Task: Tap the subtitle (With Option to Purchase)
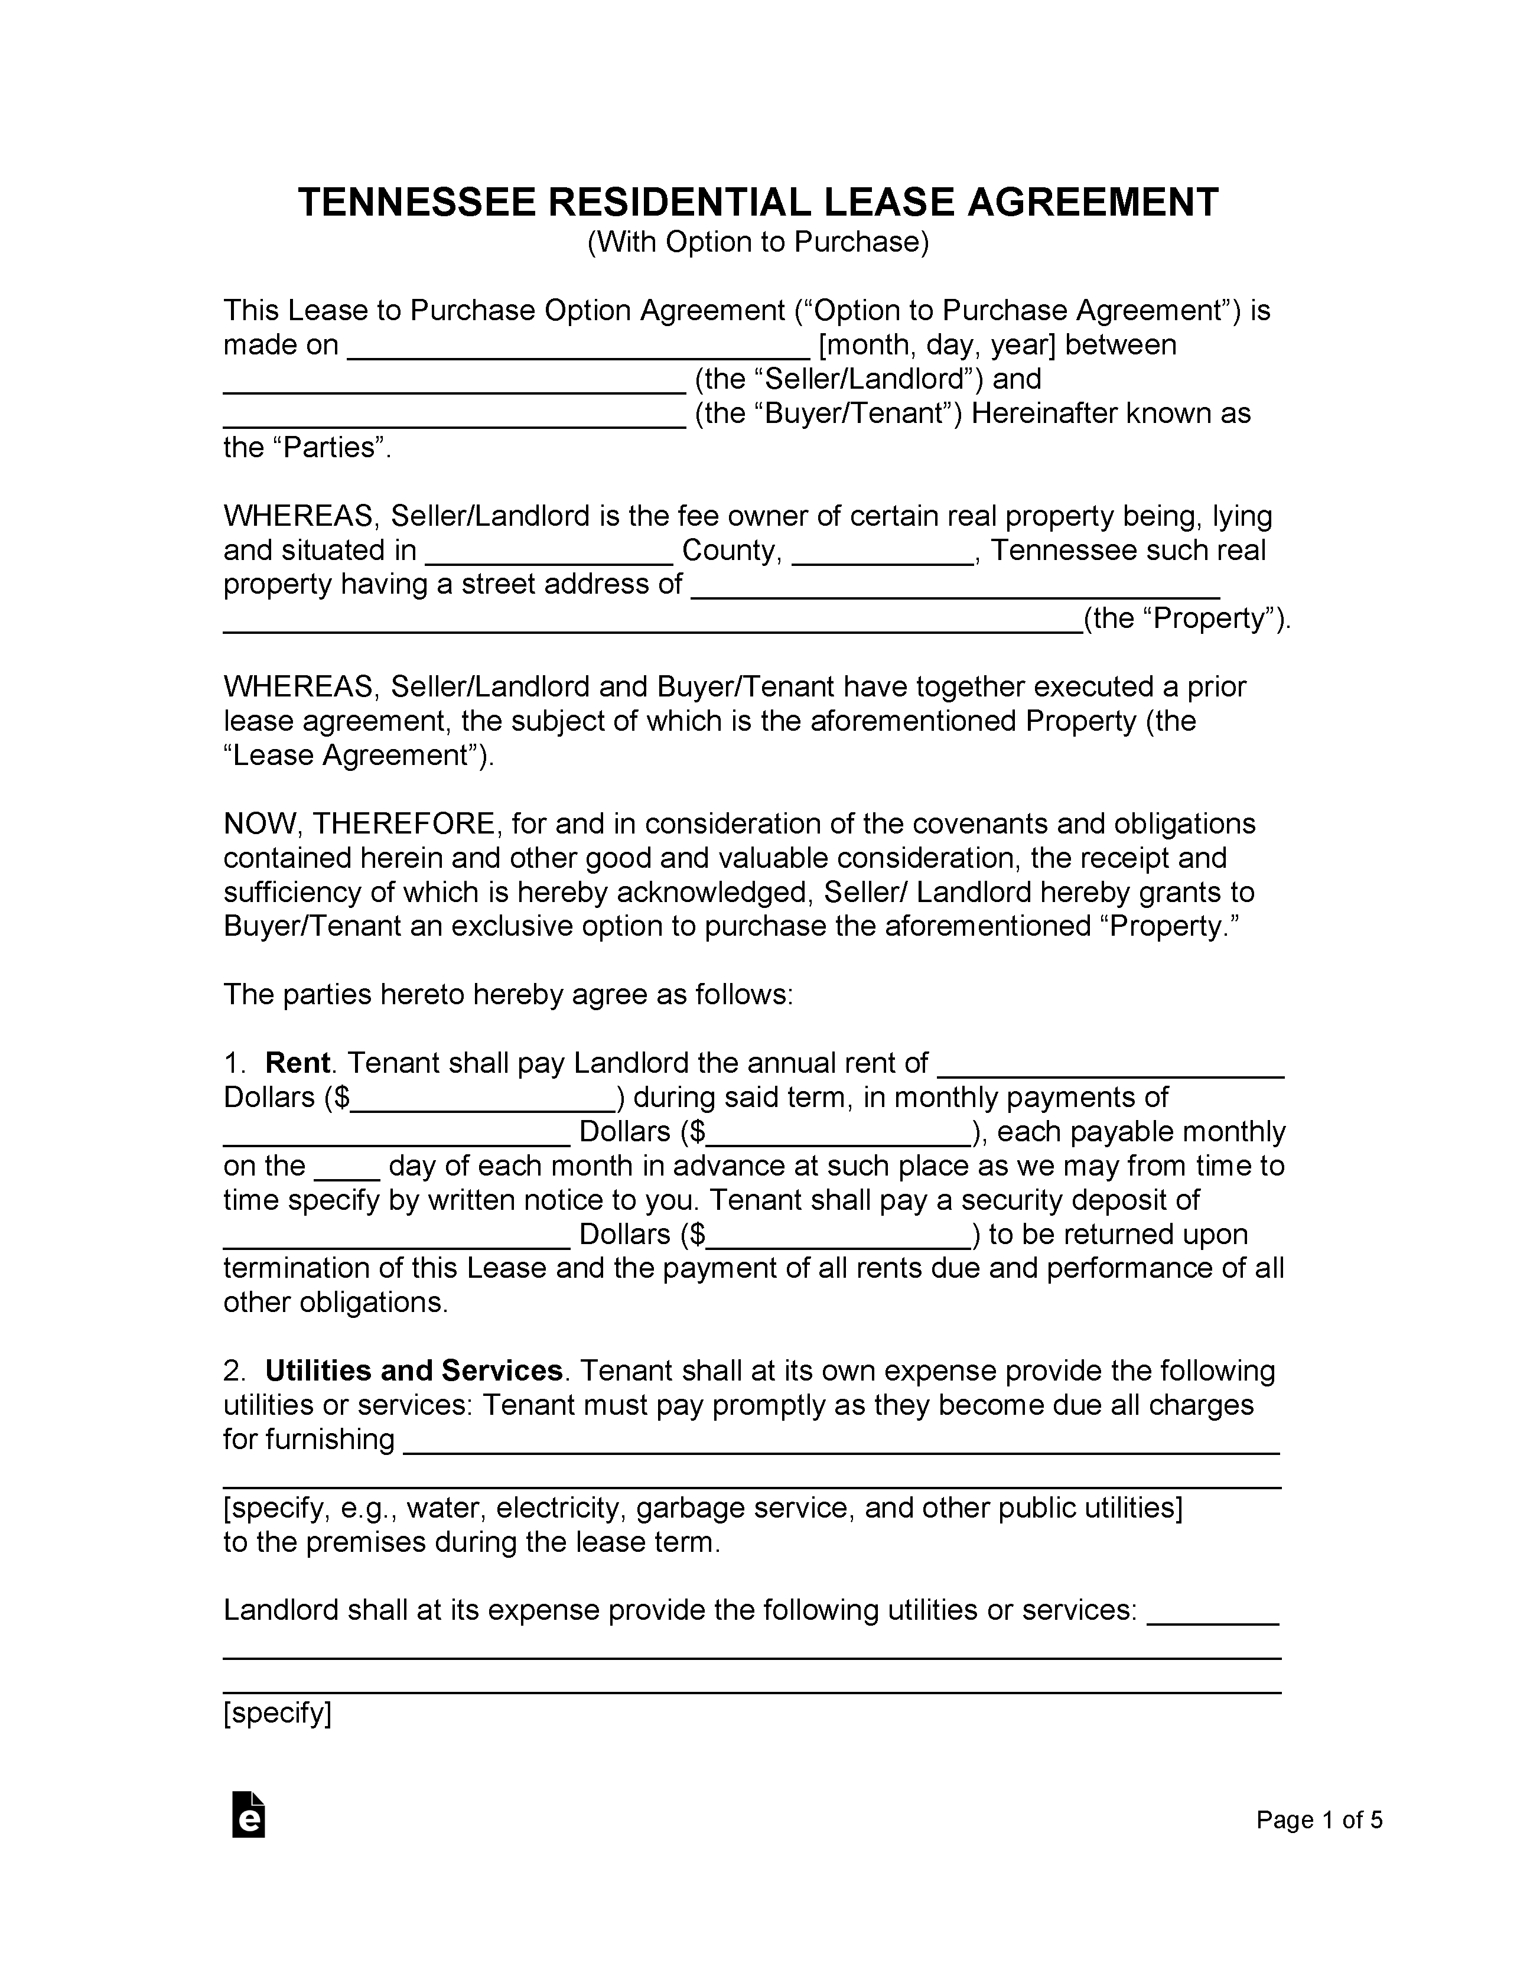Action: click(x=757, y=243)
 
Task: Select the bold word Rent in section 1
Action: click(x=298, y=1063)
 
